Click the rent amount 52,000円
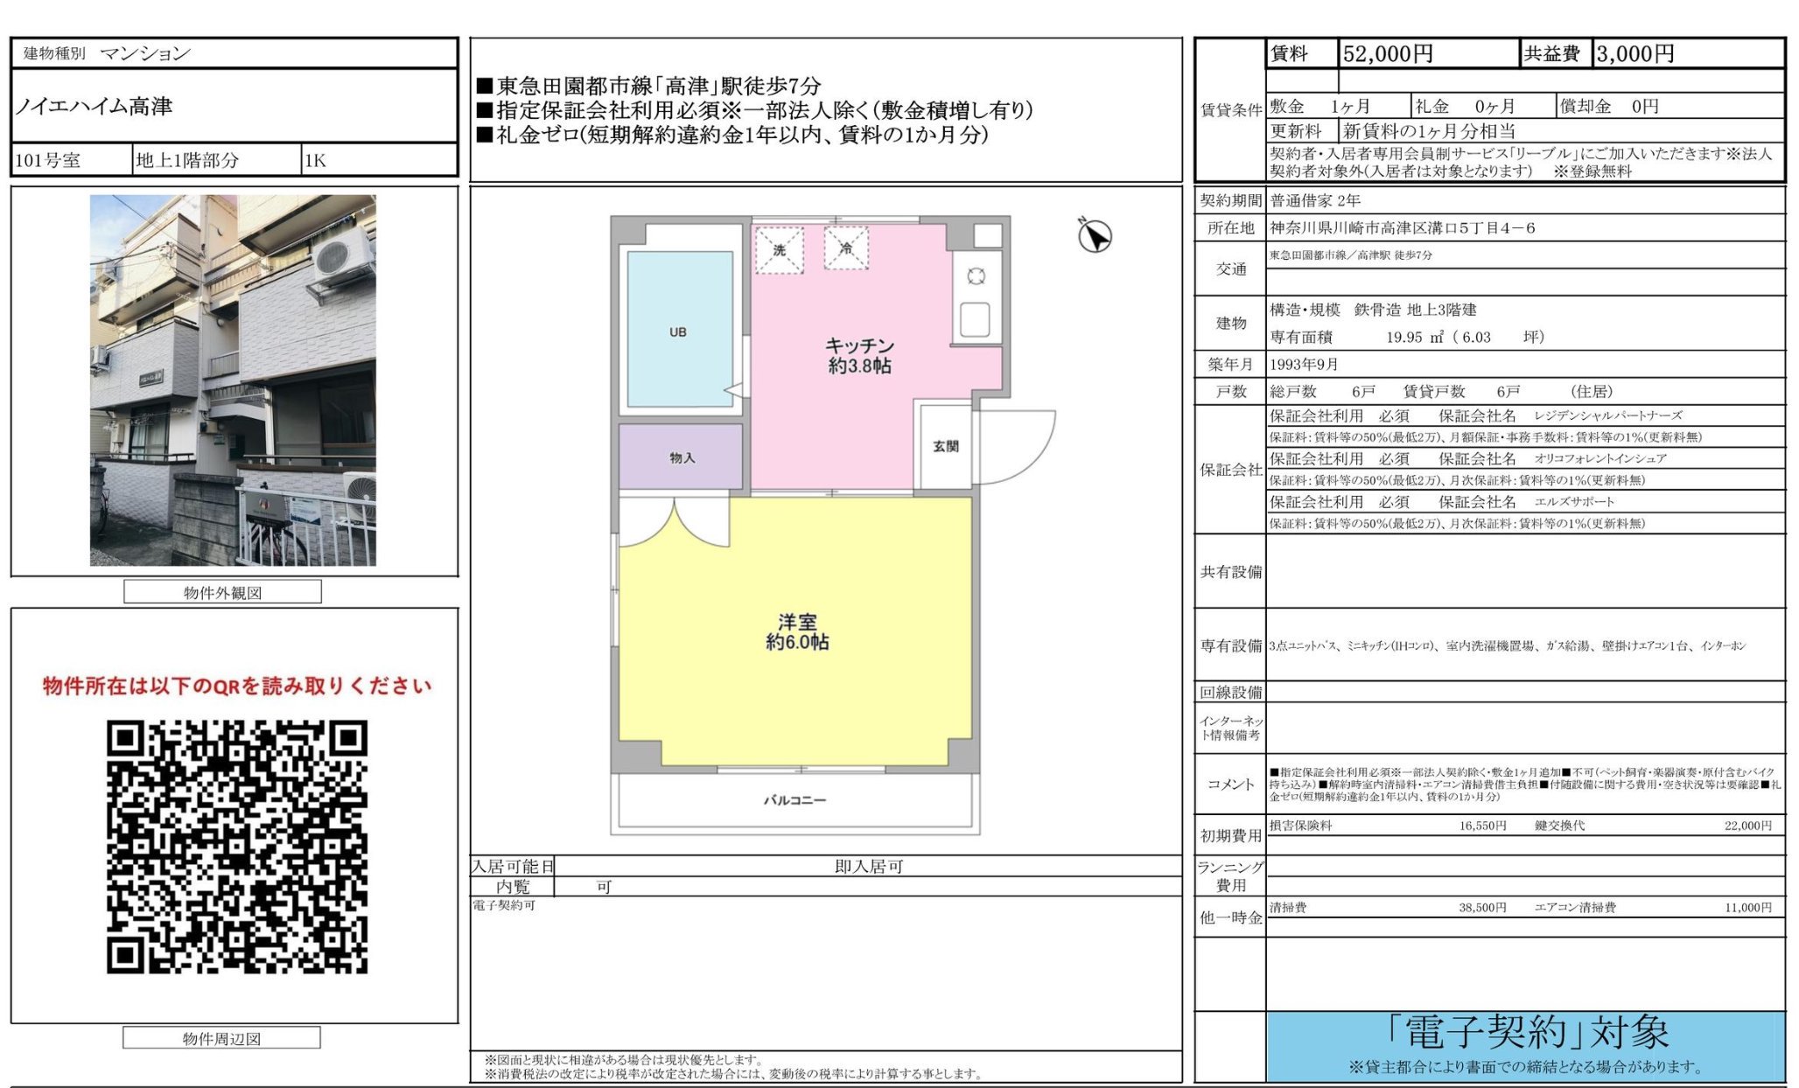tap(1388, 54)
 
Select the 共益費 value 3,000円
tap(1634, 54)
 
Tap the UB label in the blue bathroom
tap(678, 332)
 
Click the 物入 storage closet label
tap(682, 457)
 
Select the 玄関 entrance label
tap(945, 446)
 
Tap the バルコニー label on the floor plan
tap(794, 799)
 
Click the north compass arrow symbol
tap(1094, 235)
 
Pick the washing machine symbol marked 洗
tap(779, 250)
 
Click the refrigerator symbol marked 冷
tap(846, 248)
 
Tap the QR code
tap(237, 847)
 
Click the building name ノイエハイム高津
tap(94, 107)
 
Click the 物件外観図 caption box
tap(222, 592)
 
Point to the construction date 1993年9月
tap(1304, 364)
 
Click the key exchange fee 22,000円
tap(1747, 826)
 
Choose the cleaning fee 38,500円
tap(1482, 908)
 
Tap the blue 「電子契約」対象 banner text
tap(1527, 1033)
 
